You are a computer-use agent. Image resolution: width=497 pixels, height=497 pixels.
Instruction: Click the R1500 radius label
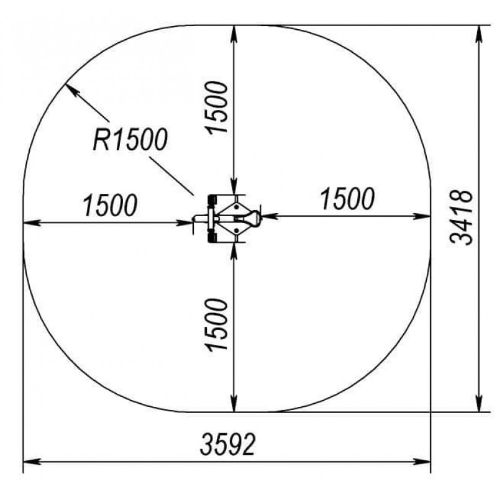(130, 139)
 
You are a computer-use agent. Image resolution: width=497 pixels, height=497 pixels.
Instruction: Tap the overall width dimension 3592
(227, 444)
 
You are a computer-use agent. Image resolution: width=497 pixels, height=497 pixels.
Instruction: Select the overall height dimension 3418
(461, 217)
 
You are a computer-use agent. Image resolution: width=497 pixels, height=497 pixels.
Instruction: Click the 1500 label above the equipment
(217, 107)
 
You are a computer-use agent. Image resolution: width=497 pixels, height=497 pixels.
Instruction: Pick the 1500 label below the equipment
(217, 324)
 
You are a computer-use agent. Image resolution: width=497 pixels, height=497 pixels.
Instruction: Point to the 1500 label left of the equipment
(110, 205)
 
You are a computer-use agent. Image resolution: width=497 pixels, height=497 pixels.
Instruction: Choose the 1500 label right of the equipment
(348, 199)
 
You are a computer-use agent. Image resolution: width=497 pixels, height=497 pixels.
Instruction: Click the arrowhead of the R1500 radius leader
(70, 89)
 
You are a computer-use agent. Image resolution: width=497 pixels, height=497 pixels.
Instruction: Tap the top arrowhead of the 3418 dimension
(479, 33)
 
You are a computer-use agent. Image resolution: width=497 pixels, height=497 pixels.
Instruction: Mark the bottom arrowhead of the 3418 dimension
(479, 404)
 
